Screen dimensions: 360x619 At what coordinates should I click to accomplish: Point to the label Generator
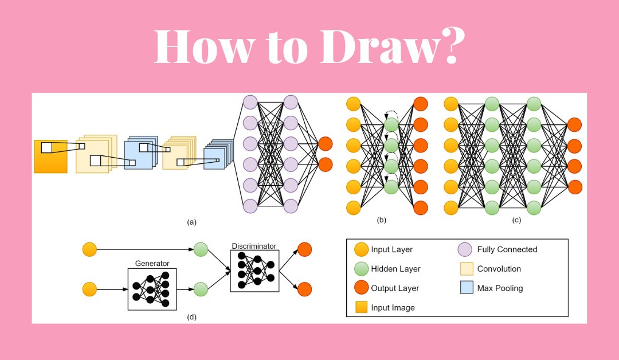coord(152,263)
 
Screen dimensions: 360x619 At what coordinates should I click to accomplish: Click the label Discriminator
coord(254,246)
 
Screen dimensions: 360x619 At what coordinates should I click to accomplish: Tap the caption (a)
coord(191,222)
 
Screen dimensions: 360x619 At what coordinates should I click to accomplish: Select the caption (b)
coord(382,220)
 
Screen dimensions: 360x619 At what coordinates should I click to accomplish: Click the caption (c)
coord(516,220)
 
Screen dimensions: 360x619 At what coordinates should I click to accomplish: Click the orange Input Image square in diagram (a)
coord(50,156)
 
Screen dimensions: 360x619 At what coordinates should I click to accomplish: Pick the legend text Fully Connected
coord(507,249)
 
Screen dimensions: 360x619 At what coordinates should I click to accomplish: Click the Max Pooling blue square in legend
coord(467,288)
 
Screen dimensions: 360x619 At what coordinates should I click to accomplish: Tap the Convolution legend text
coord(499,269)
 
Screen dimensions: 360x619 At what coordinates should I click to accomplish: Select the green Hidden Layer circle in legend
coord(361,269)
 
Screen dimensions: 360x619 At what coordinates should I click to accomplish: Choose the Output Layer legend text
coord(395,288)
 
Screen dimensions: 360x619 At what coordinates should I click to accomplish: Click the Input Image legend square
coord(361,307)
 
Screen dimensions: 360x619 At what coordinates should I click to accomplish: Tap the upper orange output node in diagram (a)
coord(325,144)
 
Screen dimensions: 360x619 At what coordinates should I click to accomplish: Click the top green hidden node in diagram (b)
coord(391,124)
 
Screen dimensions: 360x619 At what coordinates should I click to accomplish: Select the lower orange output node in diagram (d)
coord(304,289)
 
